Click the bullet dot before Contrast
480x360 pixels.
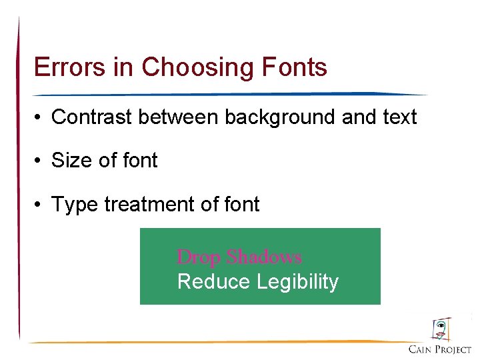pos(41,118)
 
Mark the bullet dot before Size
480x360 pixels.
pos(41,161)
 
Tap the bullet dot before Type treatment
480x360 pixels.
pos(41,205)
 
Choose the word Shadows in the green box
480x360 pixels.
pos(263,257)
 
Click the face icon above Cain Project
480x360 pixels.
pos(441,329)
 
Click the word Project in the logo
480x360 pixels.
pos(453,349)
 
